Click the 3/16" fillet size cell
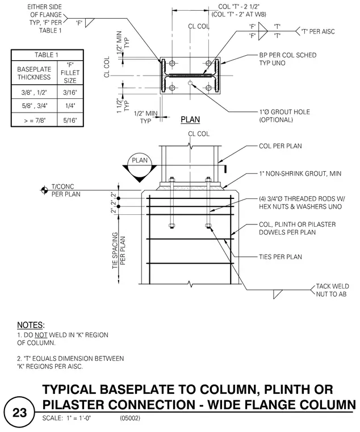(70, 93)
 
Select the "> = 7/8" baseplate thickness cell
(35, 120)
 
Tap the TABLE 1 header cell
(47, 55)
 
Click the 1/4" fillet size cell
(70, 106)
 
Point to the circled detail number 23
(19, 413)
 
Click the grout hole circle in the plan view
(190, 83)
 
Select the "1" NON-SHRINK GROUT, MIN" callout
(300, 173)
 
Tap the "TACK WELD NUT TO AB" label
(332, 290)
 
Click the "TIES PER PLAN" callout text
(280, 257)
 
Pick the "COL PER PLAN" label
(280, 146)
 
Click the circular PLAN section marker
(140, 164)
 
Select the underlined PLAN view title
(190, 120)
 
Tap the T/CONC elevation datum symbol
(44, 190)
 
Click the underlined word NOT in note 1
(41, 335)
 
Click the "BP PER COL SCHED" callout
(288, 55)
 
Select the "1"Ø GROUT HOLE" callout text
(284, 112)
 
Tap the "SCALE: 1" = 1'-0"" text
(66, 418)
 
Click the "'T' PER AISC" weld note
(318, 31)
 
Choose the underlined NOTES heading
(31, 325)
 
